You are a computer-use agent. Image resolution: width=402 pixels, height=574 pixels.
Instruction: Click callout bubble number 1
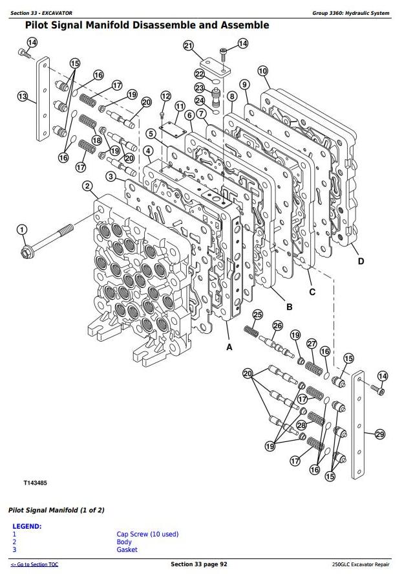tap(21, 229)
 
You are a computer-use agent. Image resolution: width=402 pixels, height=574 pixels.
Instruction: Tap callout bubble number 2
tap(87, 186)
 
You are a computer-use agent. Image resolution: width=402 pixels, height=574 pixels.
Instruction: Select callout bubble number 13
tap(23, 97)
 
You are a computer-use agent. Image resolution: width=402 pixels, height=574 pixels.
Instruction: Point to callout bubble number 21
tap(188, 45)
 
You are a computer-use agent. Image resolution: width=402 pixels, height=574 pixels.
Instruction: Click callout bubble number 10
tap(262, 71)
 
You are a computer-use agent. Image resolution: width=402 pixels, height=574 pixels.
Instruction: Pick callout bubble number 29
tap(379, 434)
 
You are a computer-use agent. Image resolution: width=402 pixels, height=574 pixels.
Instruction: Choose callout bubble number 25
tap(257, 315)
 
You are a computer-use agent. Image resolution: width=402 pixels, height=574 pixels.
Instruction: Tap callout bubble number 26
tap(278, 326)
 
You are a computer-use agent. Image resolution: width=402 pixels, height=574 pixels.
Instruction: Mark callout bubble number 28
tap(301, 425)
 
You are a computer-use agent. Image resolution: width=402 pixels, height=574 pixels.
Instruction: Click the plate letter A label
tap(228, 347)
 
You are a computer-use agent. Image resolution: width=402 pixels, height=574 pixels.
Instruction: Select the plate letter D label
tap(361, 261)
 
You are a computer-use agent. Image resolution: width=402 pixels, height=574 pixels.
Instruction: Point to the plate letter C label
tap(312, 291)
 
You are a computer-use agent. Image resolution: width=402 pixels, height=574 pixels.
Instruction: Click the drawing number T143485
tap(36, 483)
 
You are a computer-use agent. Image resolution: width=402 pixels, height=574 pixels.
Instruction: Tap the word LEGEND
tap(27, 526)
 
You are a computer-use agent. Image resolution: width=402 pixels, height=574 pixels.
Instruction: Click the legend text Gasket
tap(127, 549)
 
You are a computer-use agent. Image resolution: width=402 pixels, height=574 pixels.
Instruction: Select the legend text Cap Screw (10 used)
tap(147, 534)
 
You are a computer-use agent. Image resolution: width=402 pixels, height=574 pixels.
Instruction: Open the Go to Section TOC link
tap(34, 565)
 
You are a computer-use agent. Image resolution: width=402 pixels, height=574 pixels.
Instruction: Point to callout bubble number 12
tap(165, 96)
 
